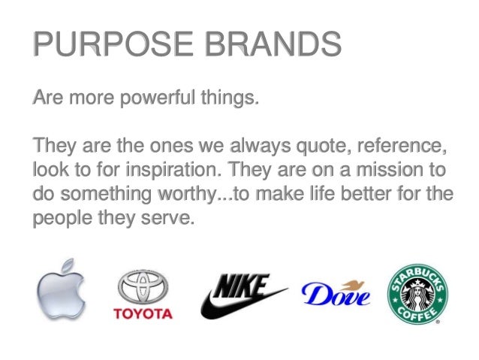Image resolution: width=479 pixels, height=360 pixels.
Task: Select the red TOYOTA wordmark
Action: click(143, 313)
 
